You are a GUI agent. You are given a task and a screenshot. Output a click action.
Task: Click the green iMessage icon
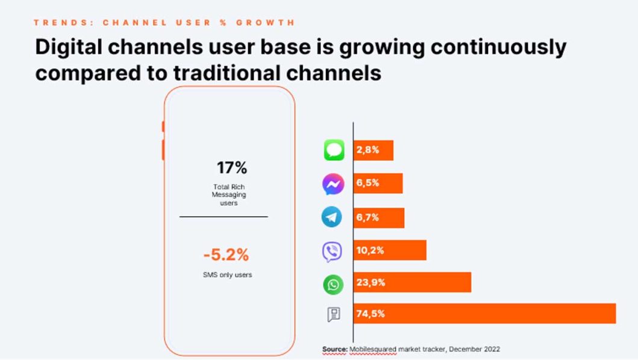tap(334, 150)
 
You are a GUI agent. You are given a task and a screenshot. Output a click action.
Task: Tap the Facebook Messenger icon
tap(333, 184)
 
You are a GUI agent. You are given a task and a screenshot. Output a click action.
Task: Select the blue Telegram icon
tap(332, 217)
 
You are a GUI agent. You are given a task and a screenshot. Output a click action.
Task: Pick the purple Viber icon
tap(332, 251)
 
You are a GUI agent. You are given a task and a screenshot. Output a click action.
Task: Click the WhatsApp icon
tap(333, 284)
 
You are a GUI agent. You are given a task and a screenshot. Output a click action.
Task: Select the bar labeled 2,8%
tap(374, 150)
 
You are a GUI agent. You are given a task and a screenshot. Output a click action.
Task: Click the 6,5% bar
tap(378, 184)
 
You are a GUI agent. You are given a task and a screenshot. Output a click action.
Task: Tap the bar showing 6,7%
tap(379, 217)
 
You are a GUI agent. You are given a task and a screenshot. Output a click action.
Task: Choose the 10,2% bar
tap(390, 250)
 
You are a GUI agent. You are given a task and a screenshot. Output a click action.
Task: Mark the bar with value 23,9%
tap(412, 282)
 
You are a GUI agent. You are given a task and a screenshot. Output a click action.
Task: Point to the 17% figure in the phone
tap(231, 168)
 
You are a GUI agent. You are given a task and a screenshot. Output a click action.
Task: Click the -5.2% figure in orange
tap(226, 255)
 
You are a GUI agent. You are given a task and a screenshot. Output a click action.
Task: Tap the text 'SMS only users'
tap(227, 275)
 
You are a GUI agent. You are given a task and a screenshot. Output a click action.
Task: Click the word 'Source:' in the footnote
tap(335, 349)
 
